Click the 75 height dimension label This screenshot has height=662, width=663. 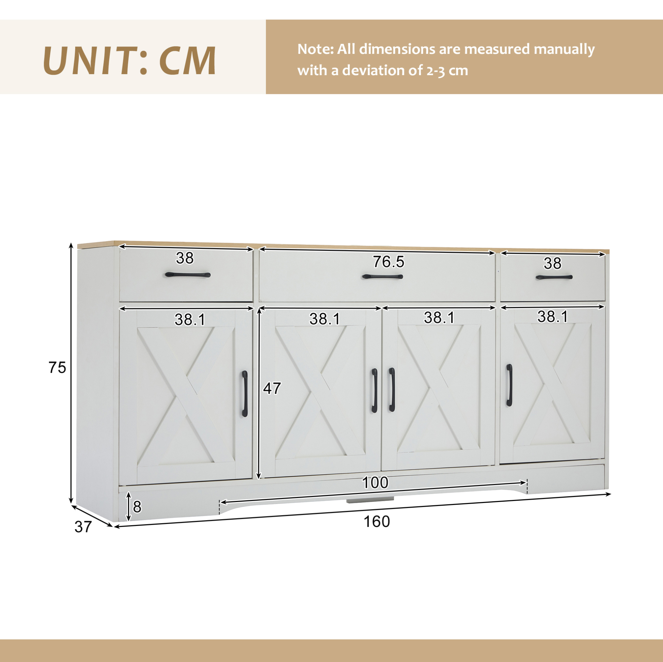[57, 368]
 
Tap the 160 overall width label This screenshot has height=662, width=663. [376, 522]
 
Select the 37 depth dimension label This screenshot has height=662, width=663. [83, 527]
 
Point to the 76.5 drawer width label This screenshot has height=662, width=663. [389, 262]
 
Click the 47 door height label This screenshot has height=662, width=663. [272, 389]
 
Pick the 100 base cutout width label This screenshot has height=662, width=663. [375, 483]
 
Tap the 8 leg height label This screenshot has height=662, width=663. [137, 507]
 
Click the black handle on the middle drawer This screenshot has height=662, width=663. [382, 277]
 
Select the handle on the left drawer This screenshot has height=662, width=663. [187, 275]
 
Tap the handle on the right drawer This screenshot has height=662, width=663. [554, 277]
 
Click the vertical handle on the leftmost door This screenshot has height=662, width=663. [244, 394]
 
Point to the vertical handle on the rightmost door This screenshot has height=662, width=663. [509, 385]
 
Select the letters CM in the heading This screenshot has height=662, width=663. [187, 60]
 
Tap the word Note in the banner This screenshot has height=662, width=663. [315, 50]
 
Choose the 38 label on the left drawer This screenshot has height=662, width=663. [185, 258]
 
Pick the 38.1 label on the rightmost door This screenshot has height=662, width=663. [552, 317]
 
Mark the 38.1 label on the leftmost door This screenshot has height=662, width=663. [190, 320]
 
